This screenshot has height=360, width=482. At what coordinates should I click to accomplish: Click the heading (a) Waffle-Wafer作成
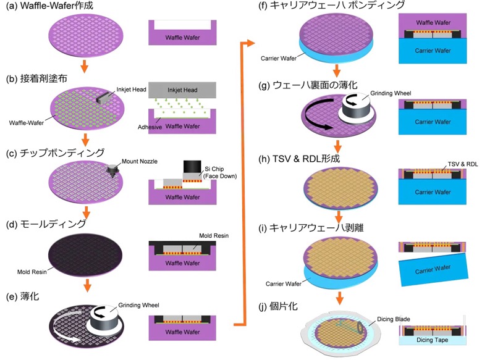click(x=49, y=6)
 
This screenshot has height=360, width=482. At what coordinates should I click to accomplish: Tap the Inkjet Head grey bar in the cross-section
click(x=182, y=90)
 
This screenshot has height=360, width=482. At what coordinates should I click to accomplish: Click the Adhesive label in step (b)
click(x=150, y=127)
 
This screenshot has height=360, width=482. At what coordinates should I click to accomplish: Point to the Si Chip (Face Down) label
click(x=220, y=172)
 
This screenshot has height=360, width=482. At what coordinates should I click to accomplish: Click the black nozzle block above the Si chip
click(x=192, y=166)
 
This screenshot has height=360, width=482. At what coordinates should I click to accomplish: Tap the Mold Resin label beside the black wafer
click(x=32, y=272)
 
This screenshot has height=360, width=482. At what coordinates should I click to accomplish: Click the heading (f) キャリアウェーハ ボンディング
click(x=331, y=5)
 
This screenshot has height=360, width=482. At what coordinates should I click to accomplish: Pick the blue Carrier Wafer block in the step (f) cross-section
click(x=433, y=51)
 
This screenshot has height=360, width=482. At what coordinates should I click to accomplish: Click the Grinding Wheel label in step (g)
click(x=391, y=93)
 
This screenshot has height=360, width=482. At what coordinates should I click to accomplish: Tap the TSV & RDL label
click(x=463, y=164)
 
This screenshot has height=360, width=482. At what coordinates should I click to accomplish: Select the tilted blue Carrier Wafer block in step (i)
click(x=433, y=269)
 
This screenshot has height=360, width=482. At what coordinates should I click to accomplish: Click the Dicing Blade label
click(x=394, y=319)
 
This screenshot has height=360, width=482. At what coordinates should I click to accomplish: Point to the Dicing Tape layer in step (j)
click(x=432, y=340)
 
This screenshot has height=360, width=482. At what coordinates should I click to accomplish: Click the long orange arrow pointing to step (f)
click(x=245, y=183)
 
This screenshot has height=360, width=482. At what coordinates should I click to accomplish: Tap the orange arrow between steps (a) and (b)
click(x=84, y=66)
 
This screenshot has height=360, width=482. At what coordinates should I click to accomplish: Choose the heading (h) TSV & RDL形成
click(x=299, y=159)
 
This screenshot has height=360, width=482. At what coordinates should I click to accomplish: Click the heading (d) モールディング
click(x=46, y=224)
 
